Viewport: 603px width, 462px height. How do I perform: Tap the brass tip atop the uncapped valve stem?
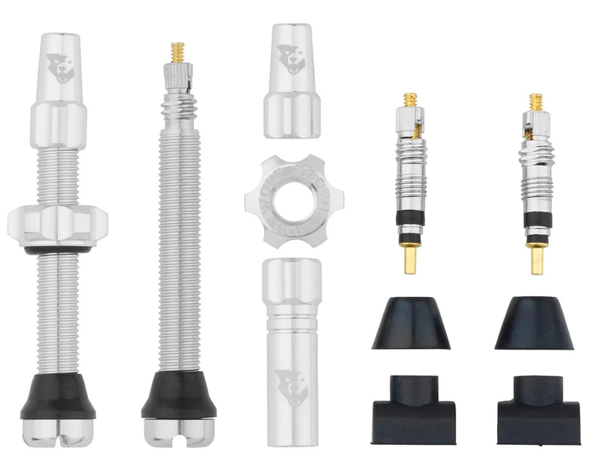[177, 53]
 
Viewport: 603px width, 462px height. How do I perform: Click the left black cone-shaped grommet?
[410, 323]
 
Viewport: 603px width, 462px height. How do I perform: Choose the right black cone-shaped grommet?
[534, 323]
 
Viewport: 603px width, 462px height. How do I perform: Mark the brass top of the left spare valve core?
[410, 101]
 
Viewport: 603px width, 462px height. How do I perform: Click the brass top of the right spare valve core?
[536, 101]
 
